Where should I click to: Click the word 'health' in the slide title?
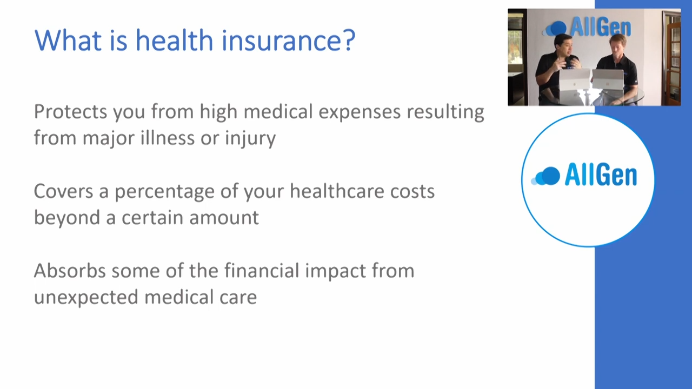pyautogui.click(x=175, y=40)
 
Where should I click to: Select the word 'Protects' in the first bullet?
pyautogui.click(x=70, y=111)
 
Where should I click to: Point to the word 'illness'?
pyautogui.click(x=168, y=137)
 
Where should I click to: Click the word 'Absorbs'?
pyautogui.click(x=70, y=271)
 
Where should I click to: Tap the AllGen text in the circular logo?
pyautogui.click(x=601, y=175)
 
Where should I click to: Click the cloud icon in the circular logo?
pyautogui.click(x=545, y=176)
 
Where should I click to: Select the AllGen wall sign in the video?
pyautogui.click(x=587, y=27)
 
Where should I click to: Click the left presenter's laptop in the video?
pyautogui.click(x=575, y=79)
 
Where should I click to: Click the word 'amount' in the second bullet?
pyautogui.click(x=224, y=218)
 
